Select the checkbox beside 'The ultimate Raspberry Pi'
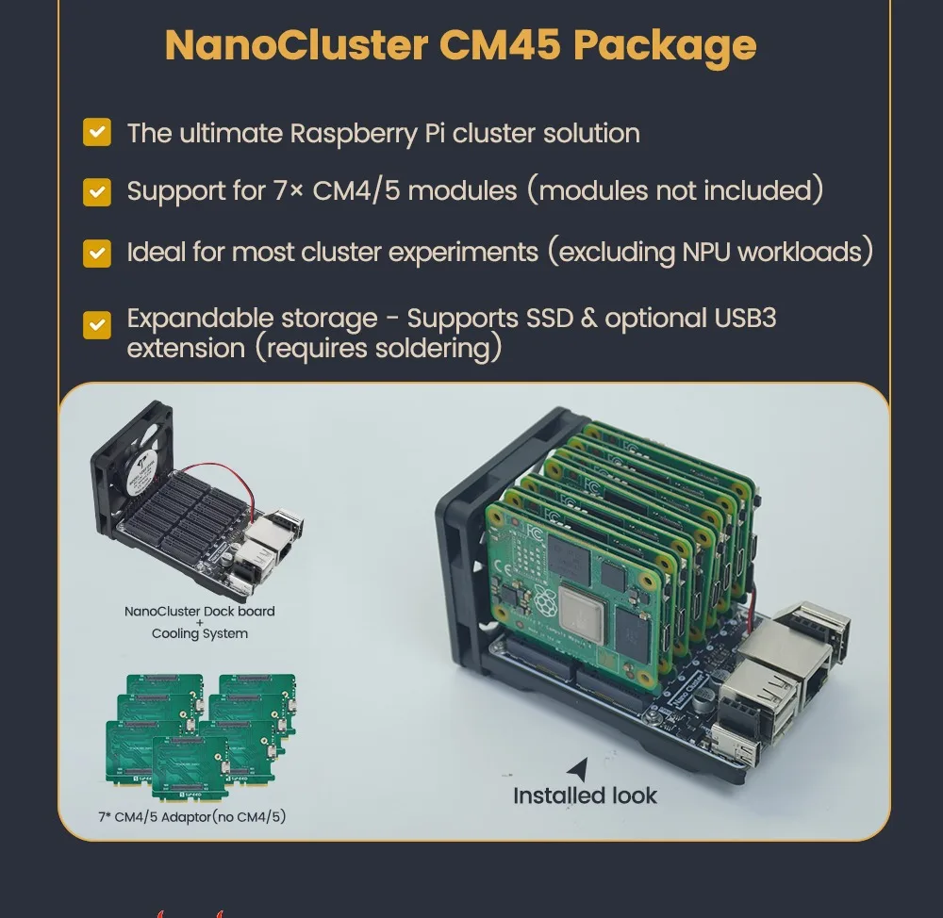[x=97, y=132]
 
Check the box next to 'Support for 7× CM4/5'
[x=97, y=191]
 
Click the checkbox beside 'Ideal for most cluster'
[x=97, y=253]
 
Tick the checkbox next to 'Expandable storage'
[x=97, y=325]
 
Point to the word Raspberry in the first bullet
[x=352, y=134]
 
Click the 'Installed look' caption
[x=585, y=795]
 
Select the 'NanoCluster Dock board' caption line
[x=200, y=611]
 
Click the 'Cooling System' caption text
[x=200, y=633]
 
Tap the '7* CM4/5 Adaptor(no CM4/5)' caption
[x=191, y=816]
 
